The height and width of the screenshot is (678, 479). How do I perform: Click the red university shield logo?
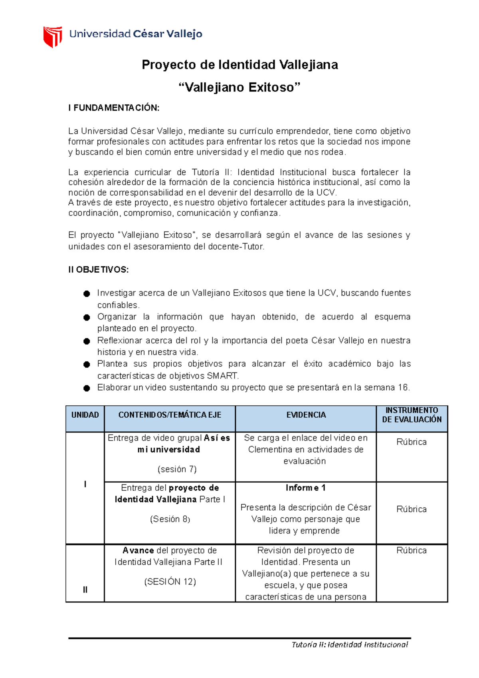52,36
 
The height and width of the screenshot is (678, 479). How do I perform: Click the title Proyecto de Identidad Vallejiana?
239,65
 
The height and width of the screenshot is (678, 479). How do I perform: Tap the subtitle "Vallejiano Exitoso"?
239,87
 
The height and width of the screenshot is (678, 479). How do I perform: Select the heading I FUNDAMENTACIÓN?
114,108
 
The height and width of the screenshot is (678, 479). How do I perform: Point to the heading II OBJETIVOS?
99,270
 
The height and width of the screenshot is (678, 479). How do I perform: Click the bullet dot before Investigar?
87,294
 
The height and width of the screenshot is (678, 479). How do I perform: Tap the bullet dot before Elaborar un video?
87,388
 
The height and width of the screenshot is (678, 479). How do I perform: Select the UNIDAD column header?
85,415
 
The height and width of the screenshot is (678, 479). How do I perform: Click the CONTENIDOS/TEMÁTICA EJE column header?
170,415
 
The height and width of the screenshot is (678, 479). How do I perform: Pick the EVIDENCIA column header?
306,415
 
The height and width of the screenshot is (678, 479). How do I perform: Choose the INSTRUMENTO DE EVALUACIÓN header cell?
412,415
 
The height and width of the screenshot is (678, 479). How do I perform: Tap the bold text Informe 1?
305,488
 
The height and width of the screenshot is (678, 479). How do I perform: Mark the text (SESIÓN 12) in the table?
170,582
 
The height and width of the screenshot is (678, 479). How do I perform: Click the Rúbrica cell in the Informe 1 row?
412,509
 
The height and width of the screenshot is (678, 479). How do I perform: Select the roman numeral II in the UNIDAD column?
85,590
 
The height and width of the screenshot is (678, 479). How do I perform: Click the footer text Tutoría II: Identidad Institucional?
350,644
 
